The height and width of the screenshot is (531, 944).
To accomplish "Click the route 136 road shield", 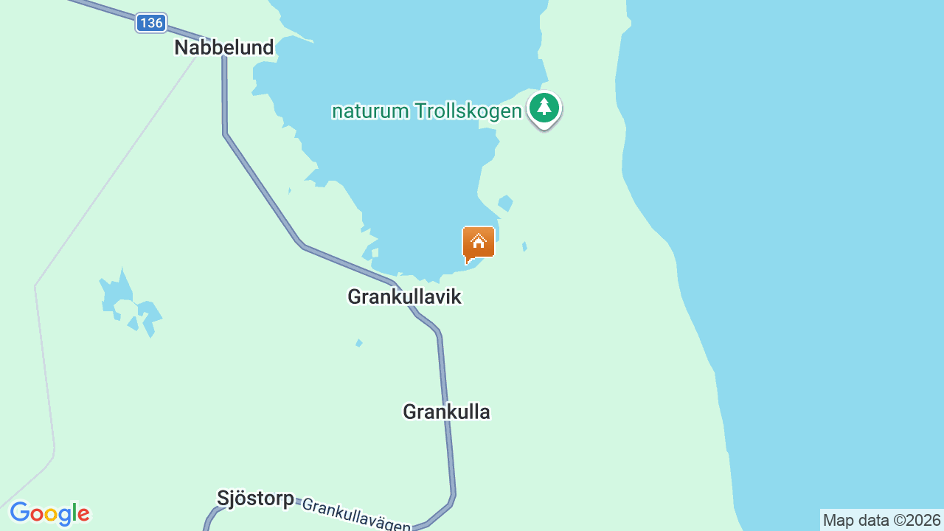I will click(x=151, y=23).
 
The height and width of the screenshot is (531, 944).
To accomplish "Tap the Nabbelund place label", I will click(x=224, y=48).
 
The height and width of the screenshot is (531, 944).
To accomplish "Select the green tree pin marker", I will click(x=544, y=108).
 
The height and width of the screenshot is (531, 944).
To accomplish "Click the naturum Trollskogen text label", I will click(x=426, y=111).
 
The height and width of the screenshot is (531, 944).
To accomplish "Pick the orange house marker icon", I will click(x=478, y=243).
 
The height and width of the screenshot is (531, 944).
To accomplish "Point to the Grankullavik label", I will click(x=404, y=296).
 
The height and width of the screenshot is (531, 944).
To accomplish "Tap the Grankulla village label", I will click(x=446, y=412).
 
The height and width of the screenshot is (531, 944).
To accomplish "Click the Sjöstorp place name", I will click(x=255, y=498).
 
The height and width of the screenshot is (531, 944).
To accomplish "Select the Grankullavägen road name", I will click(x=356, y=516).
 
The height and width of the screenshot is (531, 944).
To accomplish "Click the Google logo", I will click(x=49, y=513).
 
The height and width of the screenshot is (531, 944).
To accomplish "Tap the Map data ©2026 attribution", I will click(x=881, y=521).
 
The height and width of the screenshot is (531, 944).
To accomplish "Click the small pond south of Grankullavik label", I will click(x=359, y=343).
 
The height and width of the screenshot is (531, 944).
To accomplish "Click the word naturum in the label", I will click(x=370, y=111).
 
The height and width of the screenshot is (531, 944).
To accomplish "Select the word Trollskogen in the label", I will click(x=468, y=111).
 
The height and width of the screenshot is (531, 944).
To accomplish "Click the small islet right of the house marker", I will click(x=524, y=246).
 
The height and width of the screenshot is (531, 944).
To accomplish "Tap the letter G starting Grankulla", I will click(x=410, y=412).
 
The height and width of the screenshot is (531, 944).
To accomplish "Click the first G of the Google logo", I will click(x=20, y=513).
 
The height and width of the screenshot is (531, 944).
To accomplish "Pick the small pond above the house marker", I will click(x=505, y=202).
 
